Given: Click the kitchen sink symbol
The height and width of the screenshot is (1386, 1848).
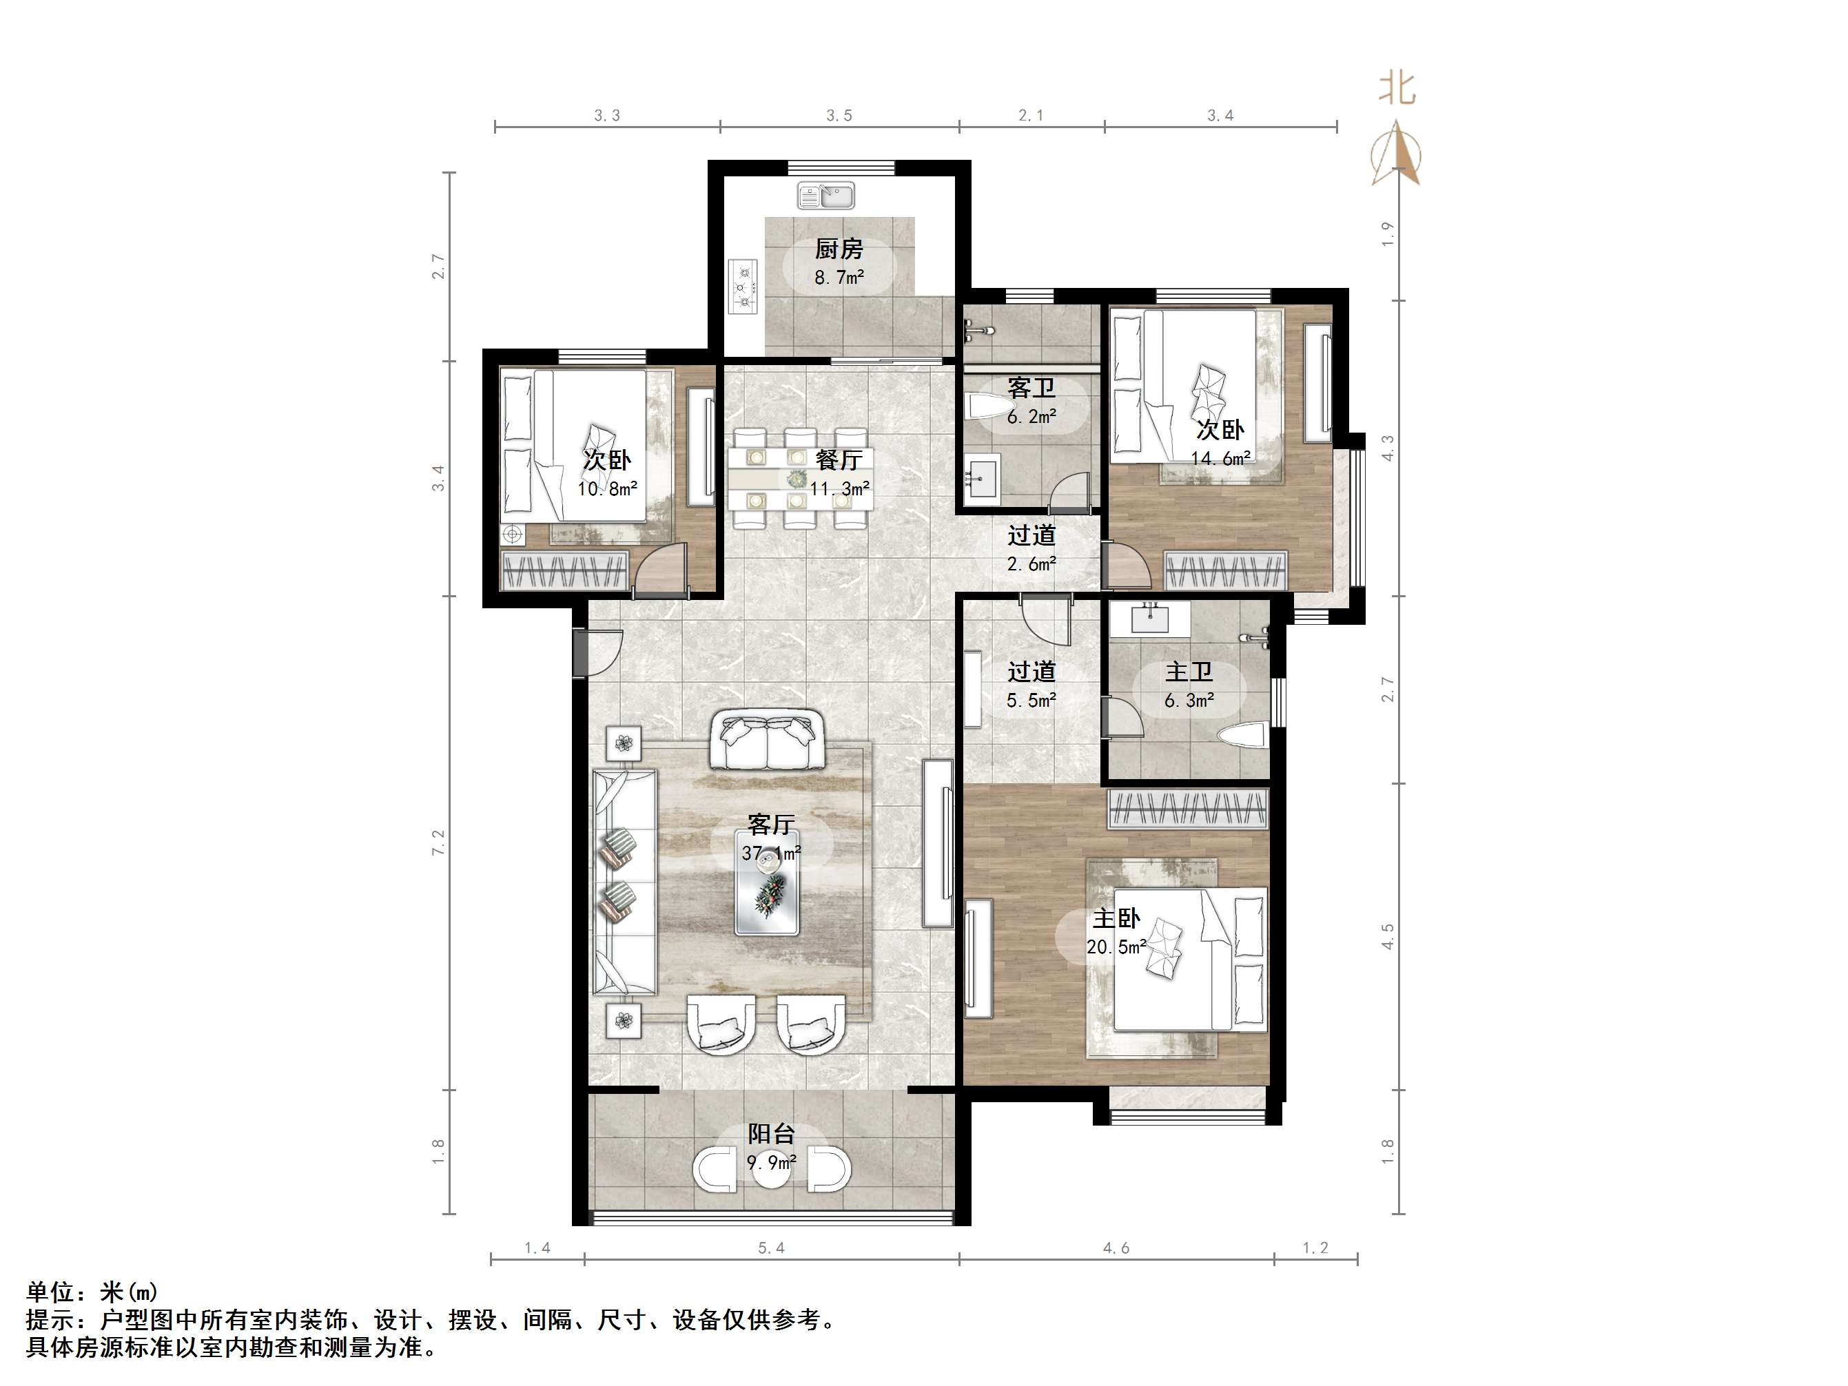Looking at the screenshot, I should [x=825, y=196].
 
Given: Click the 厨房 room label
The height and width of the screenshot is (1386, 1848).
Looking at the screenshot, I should [x=838, y=249].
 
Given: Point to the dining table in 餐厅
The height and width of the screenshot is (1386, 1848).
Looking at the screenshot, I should [x=801, y=479].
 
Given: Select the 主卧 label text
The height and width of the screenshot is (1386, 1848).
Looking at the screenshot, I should [x=1116, y=919].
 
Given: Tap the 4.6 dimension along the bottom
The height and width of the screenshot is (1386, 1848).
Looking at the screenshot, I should [x=1116, y=1248].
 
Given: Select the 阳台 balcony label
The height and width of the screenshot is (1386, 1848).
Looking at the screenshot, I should [x=770, y=1134].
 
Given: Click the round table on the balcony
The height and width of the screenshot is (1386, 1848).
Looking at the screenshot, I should [x=770, y=1170].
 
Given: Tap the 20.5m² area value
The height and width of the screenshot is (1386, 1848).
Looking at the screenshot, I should [x=1116, y=947].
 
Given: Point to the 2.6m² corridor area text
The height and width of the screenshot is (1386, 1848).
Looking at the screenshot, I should [x=1031, y=564].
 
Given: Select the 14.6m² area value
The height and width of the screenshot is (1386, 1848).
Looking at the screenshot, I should [x=1220, y=459].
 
